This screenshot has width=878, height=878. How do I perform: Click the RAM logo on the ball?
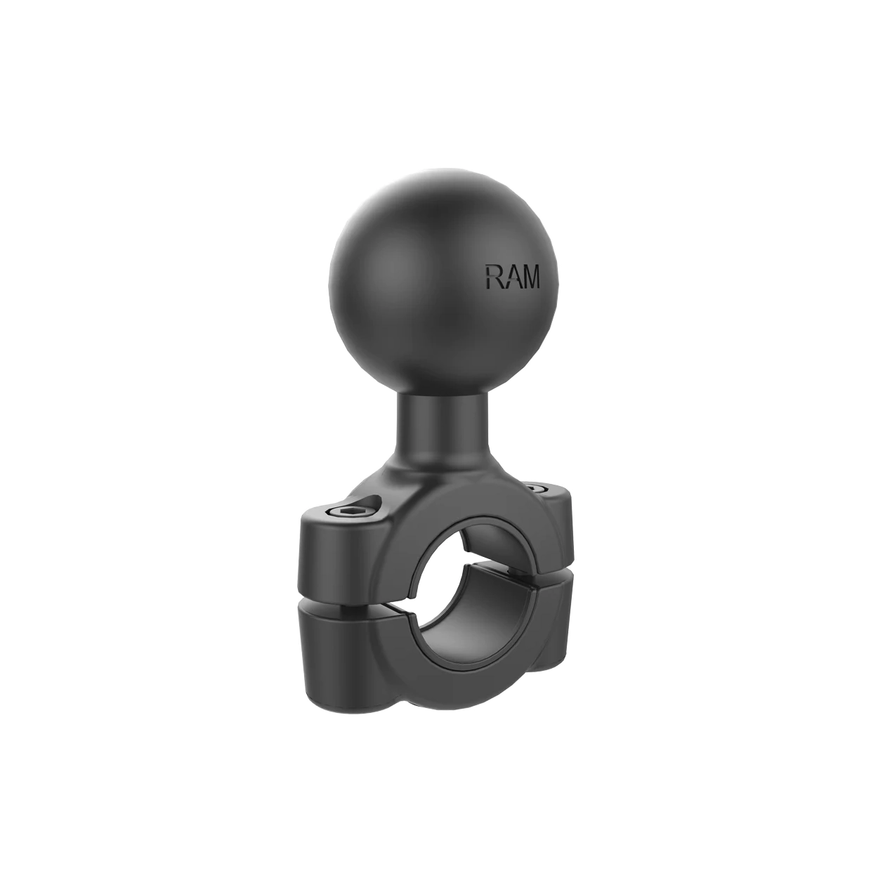513,277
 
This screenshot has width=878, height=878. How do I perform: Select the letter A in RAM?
510,277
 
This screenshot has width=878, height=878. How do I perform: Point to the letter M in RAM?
530,277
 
